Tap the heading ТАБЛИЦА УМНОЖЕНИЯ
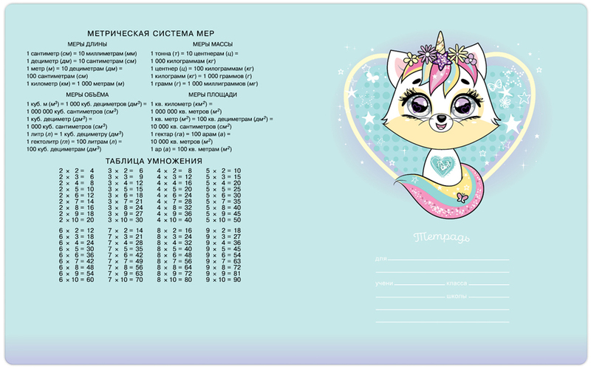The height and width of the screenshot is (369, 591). pos(154,160)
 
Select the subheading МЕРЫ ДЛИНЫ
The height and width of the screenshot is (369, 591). pos(88,45)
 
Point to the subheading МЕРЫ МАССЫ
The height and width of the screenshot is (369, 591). pos(213,45)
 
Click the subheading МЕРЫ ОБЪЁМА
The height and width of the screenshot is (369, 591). pos(87,95)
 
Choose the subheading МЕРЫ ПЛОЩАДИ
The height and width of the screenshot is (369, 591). pos(213,95)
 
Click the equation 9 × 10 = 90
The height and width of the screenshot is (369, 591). pos(223,280)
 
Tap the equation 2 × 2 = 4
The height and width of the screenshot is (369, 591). pos(77,170)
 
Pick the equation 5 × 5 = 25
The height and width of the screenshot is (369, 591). pos(223,189)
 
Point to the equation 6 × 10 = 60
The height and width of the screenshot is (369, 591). pos(77,280)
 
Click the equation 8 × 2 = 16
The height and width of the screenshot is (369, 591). pos(174,231)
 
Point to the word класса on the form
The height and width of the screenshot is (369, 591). pos(456,285)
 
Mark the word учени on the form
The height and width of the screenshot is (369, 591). pos(383,285)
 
